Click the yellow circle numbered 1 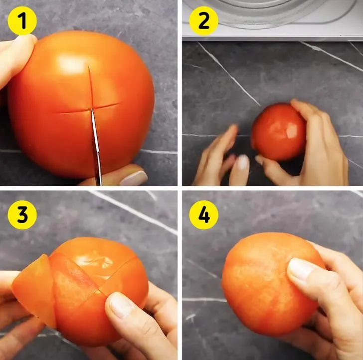pyautogui.click(x=22, y=20)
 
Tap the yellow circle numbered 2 pyautogui.click(x=204, y=20)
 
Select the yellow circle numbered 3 pyautogui.click(x=22, y=215)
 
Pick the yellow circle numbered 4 pyautogui.click(x=204, y=215)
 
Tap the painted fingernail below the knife pyautogui.click(x=134, y=178)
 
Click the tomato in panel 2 pyautogui.click(x=279, y=132)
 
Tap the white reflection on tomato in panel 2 pyautogui.click(x=292, y=130)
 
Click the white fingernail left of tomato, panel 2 pyautogui.click(x=243, y=162)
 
